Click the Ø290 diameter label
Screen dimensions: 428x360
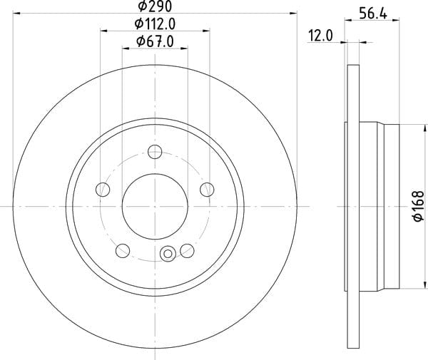[155, 6]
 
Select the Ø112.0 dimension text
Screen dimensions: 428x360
[155, 24]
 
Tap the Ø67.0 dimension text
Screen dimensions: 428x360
[155, 42]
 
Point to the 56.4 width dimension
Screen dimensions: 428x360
[373, 13]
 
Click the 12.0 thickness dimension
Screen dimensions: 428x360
[320, 36]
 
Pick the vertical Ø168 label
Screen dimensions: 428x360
[419, 206]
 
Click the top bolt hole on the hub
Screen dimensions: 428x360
[155, 152]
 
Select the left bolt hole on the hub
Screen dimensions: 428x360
[103, 190]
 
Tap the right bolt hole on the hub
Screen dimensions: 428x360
[207, 190]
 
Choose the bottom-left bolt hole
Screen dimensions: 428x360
[123, 251]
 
